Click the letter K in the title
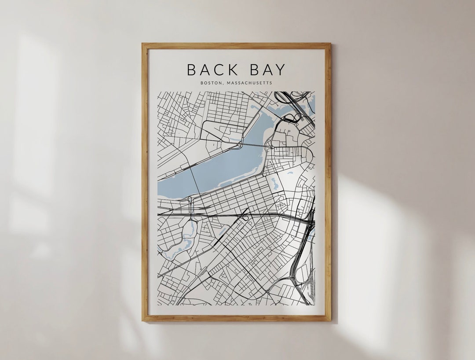point(228,70)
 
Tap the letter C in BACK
point(216,70)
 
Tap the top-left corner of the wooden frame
point(142,44)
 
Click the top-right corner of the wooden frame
point(330,44)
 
